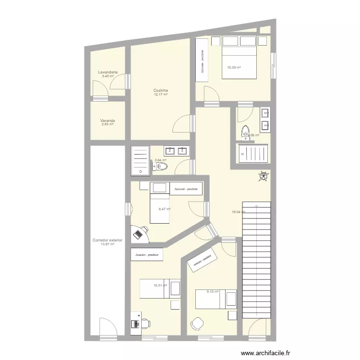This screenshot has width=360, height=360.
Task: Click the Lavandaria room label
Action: pyautogui.click(x=108, y=72)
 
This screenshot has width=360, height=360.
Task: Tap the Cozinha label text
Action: pyautogui.click(x=160, y=90)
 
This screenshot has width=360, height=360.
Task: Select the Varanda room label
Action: pyautogui.click(x=108, y=120)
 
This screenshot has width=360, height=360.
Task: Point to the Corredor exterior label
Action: pyautogui.click(x=108, y=240)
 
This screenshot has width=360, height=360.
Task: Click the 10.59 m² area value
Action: pyautogui.click(x=234, y=67)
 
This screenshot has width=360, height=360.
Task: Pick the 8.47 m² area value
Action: pyautogui.click(x=165, y=209)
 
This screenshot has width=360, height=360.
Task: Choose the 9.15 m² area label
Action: pyautogui.click(x=212, y=291)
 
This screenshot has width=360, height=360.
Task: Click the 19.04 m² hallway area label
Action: pyautogui.click(x=238, y=212)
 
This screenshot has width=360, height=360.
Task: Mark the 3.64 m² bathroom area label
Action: pyautogui.click(x=160, y=160)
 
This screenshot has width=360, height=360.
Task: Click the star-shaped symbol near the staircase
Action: pyautogui.click(x=263, y=177)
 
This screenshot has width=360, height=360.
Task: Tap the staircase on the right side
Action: pyautogui.click(x=257, y=259)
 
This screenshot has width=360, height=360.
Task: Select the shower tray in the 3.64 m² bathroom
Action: pyautogui.click(x=140, y=160)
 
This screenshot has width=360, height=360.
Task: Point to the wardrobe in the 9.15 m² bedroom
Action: pyautogui.click(x=203, y=261)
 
